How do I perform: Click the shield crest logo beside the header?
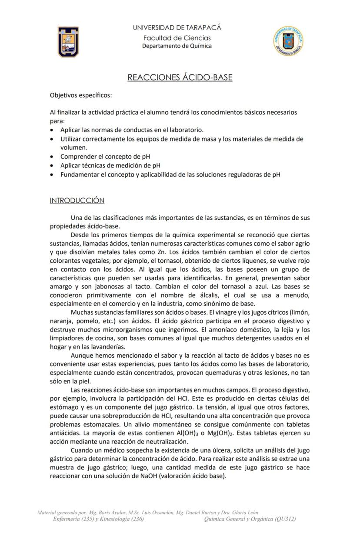click(x=68, y=42)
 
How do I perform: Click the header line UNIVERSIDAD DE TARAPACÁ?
click(x=177, y=28)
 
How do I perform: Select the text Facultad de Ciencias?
click(x=177, y=38)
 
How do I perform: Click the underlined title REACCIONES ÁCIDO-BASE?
click(x=180, y=78)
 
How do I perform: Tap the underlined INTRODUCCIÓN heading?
click(x=77, y=201)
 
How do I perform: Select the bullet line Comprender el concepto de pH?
click(x=105, y=157)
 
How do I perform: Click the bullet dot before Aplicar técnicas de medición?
click(x=53, y=166)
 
